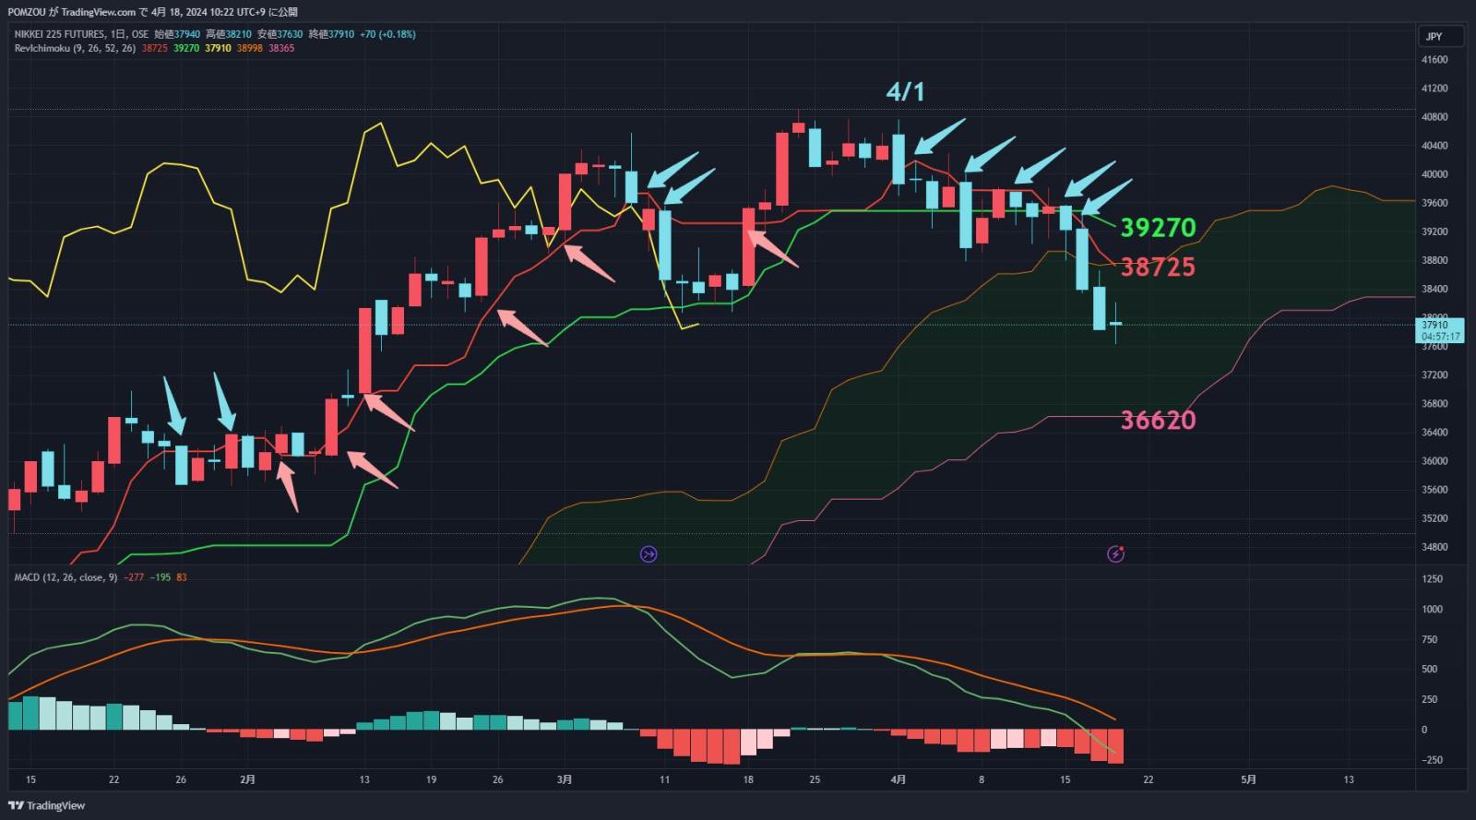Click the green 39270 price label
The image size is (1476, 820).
(1157, 227)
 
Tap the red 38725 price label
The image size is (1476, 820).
(1157, 267)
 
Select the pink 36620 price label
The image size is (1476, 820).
(1158, 420)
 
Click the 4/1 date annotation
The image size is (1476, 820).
(905, 91)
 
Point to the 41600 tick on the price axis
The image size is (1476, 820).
(1434, 60)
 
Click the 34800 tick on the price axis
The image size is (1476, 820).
(1434, 547)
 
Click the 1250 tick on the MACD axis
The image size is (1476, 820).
(1432, 579)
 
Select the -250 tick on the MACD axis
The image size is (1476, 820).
(1432, 760)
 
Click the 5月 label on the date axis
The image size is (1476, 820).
(1248, 779)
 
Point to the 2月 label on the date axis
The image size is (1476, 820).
(247, 779)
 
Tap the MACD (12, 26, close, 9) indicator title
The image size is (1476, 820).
(65, 577)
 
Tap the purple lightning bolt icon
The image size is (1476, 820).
(1115, 553)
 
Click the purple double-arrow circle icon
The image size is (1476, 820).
(649, 553)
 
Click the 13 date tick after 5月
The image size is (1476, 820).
(1349, 779)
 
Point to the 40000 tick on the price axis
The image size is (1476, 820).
(1434, 174)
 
